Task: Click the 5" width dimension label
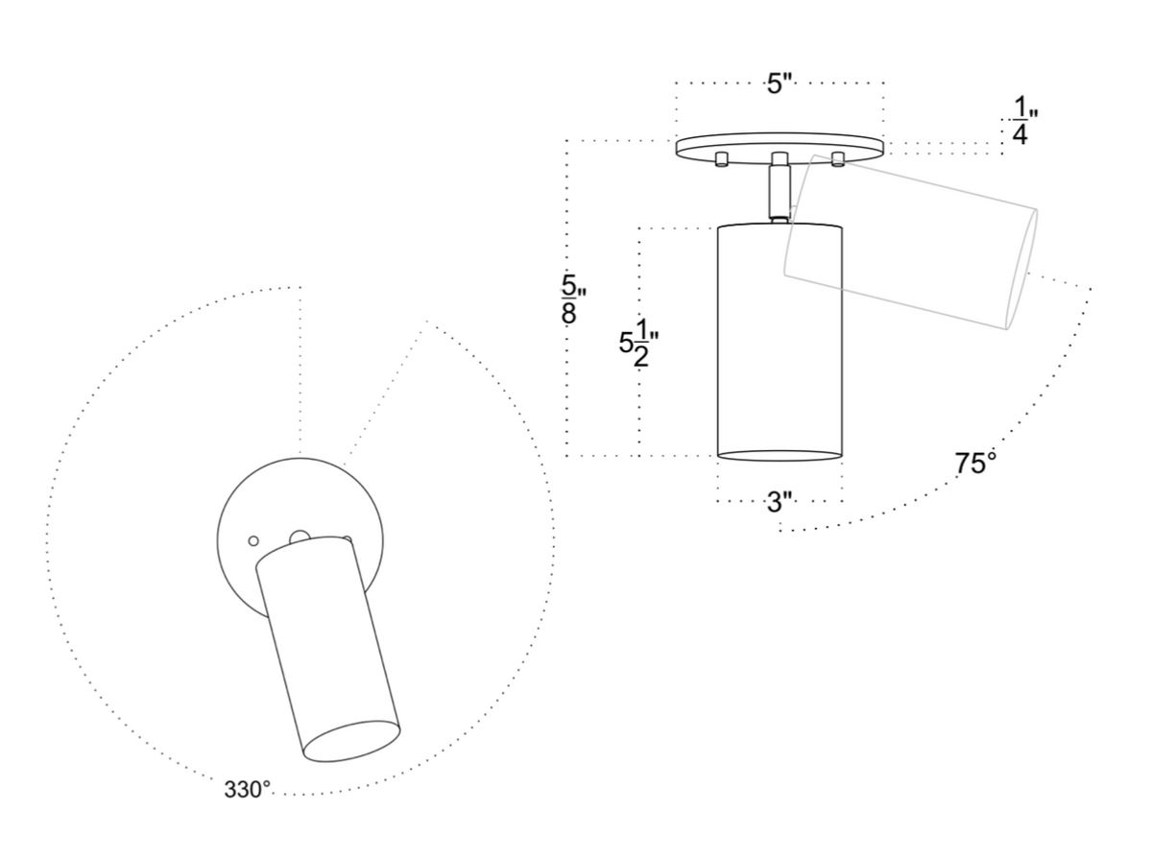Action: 779,83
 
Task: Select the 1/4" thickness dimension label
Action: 1020,122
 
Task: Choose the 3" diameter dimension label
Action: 780,500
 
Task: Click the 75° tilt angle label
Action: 975,464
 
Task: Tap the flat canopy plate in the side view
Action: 779,147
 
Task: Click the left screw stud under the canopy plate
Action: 721,158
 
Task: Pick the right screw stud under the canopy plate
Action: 837,158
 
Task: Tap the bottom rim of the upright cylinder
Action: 780,455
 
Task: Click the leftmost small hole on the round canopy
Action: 253,541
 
